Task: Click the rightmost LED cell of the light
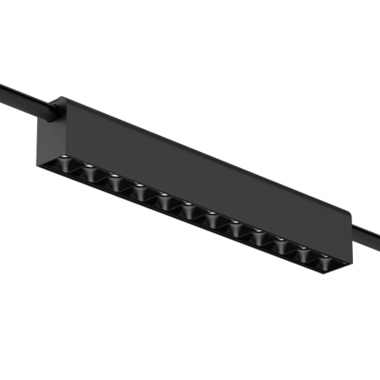[322, 262]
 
